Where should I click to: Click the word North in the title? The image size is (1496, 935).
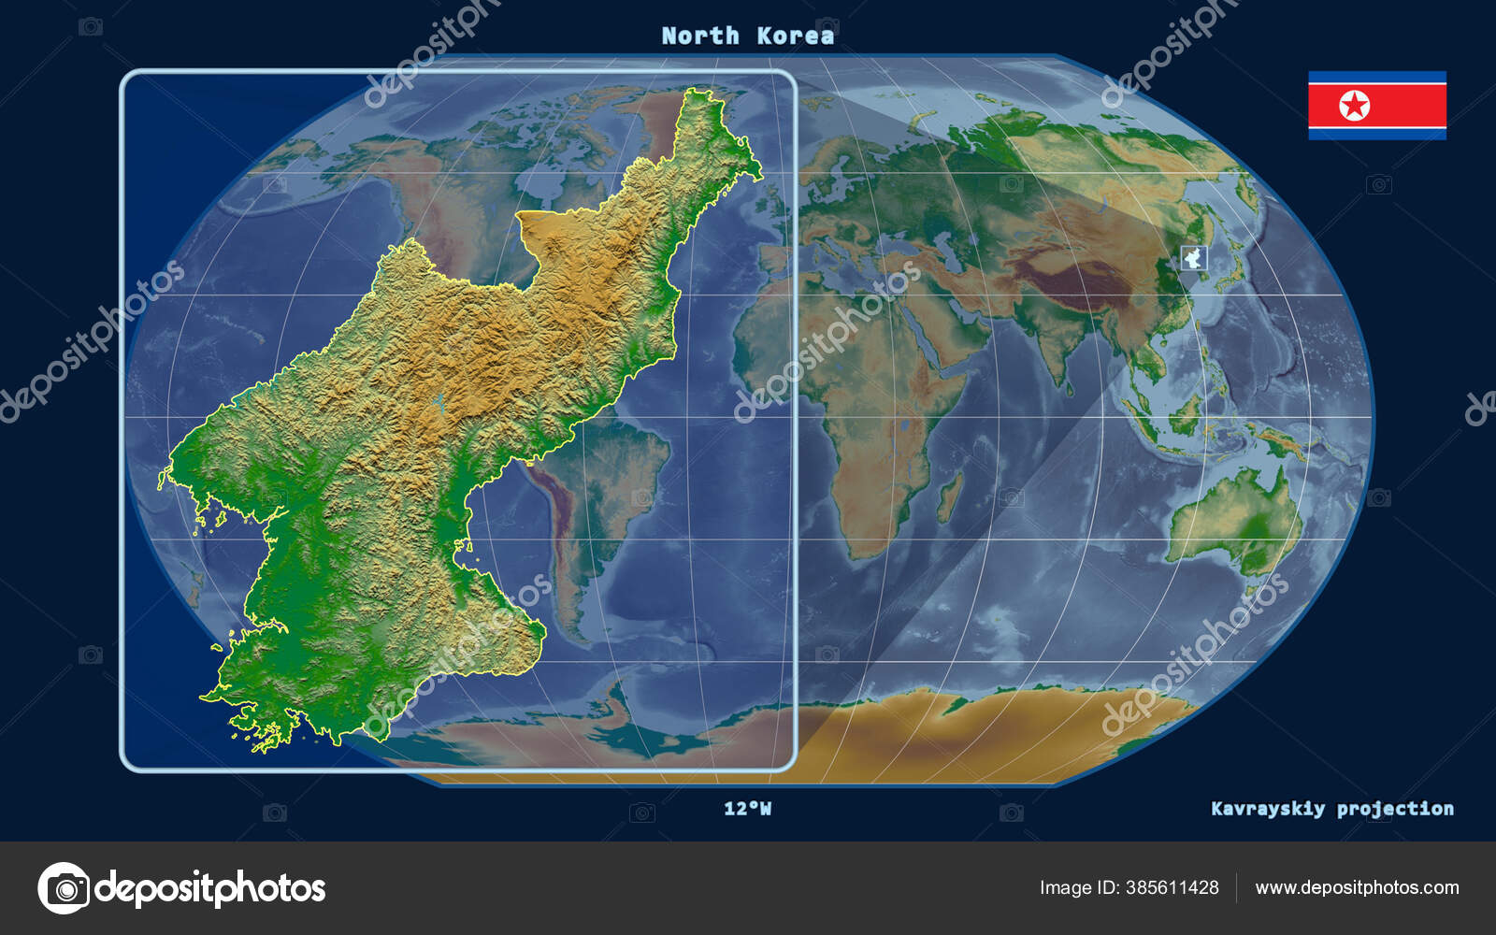coord(699,36)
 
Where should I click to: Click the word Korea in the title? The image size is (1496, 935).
coord(795,36)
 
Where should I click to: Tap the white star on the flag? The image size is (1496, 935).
coord(1354,106)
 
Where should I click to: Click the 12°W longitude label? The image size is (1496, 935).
coord(747,809)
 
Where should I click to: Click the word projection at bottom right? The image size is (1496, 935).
coord(1395,809)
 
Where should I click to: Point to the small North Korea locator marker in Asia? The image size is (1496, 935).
coord(1194,257)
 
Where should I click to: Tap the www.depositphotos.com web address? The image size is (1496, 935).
coord(1357,887)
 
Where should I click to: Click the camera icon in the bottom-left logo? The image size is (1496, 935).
coord(64,888)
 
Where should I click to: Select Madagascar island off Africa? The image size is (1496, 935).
coord(951,496)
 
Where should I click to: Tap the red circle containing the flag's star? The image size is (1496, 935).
coord(1354,106)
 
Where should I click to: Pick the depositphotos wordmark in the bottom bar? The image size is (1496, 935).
coord(210,888)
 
